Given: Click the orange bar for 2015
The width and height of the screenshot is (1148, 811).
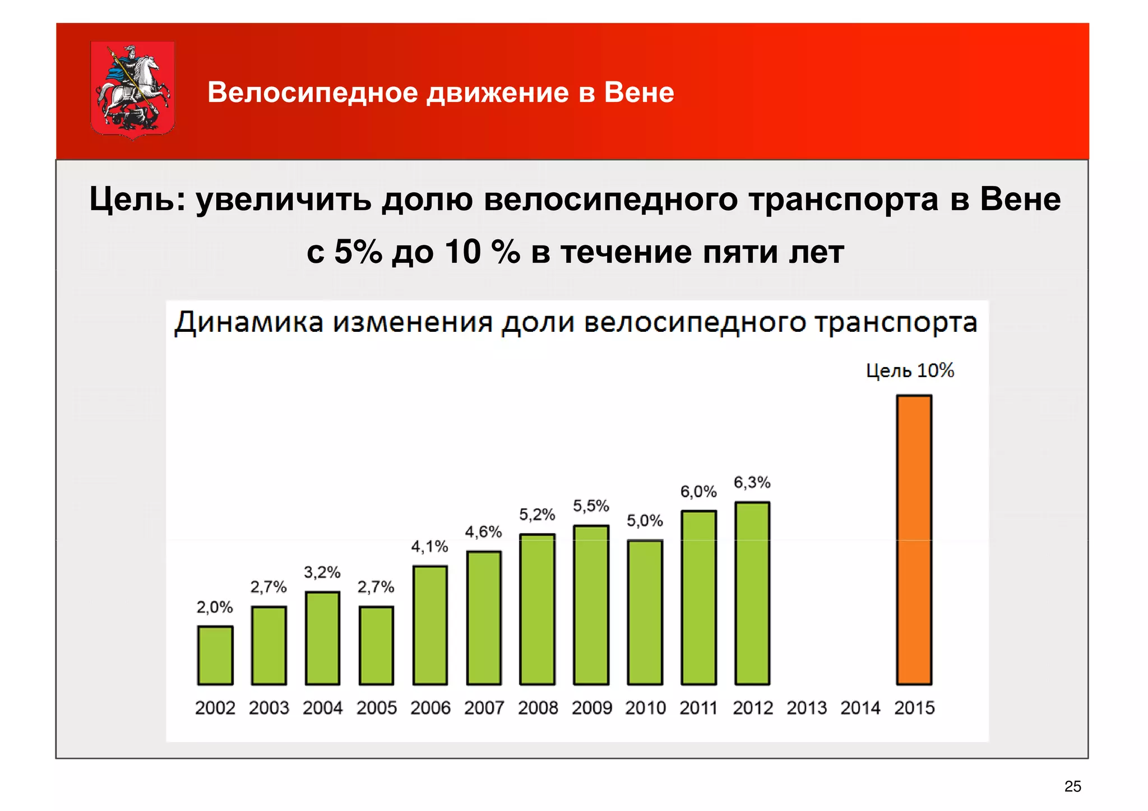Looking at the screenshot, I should [914, 540].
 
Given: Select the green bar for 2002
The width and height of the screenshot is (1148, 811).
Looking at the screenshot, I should [215, 655].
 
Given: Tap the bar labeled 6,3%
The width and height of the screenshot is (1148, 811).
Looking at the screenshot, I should [752, 593].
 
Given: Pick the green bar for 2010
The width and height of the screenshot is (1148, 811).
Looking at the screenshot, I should [645, 612].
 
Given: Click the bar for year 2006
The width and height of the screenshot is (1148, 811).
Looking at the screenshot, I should [430, 625].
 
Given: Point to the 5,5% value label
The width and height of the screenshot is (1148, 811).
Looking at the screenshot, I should [591, 506].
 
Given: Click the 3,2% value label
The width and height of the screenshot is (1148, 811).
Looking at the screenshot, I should [322, 572].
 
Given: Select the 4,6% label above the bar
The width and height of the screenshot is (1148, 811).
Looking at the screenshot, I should [483, 531].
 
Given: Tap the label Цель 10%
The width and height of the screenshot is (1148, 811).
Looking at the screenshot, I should [910, 370].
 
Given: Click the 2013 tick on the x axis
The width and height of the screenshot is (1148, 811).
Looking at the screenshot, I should [807, 708].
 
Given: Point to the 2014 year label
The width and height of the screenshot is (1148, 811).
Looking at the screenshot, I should [860, 708].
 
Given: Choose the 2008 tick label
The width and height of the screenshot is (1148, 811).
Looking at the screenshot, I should [538, 708].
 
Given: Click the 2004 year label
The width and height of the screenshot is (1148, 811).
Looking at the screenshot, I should [322, 708].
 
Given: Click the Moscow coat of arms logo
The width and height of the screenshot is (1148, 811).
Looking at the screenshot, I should [133, 89].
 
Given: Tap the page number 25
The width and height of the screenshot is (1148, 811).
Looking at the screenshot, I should [1072, 786].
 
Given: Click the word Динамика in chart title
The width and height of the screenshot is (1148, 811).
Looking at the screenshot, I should [249, 323].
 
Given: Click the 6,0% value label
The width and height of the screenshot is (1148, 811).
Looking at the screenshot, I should [698, 492].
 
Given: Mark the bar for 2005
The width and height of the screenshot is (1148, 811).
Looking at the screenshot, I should [376, 645].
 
